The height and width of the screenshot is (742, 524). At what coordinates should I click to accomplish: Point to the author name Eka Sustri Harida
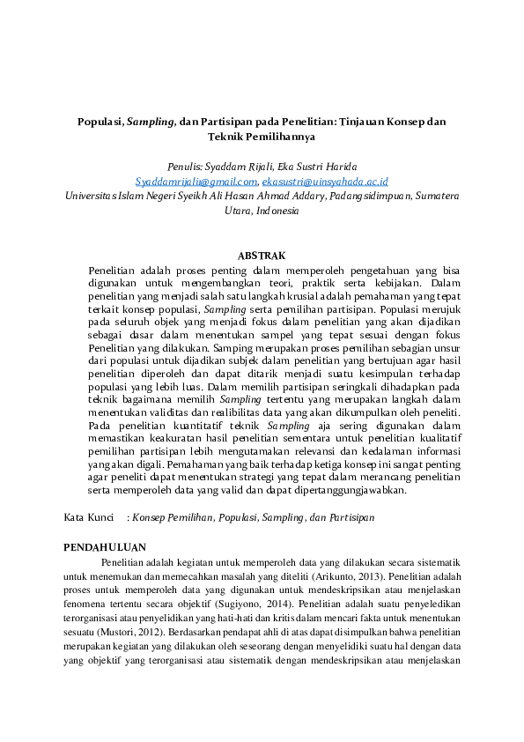[321, 167]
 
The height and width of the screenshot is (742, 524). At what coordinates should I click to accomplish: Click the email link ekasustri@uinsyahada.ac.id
[313, 181]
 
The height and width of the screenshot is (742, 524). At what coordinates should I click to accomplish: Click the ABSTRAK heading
[262, 256]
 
